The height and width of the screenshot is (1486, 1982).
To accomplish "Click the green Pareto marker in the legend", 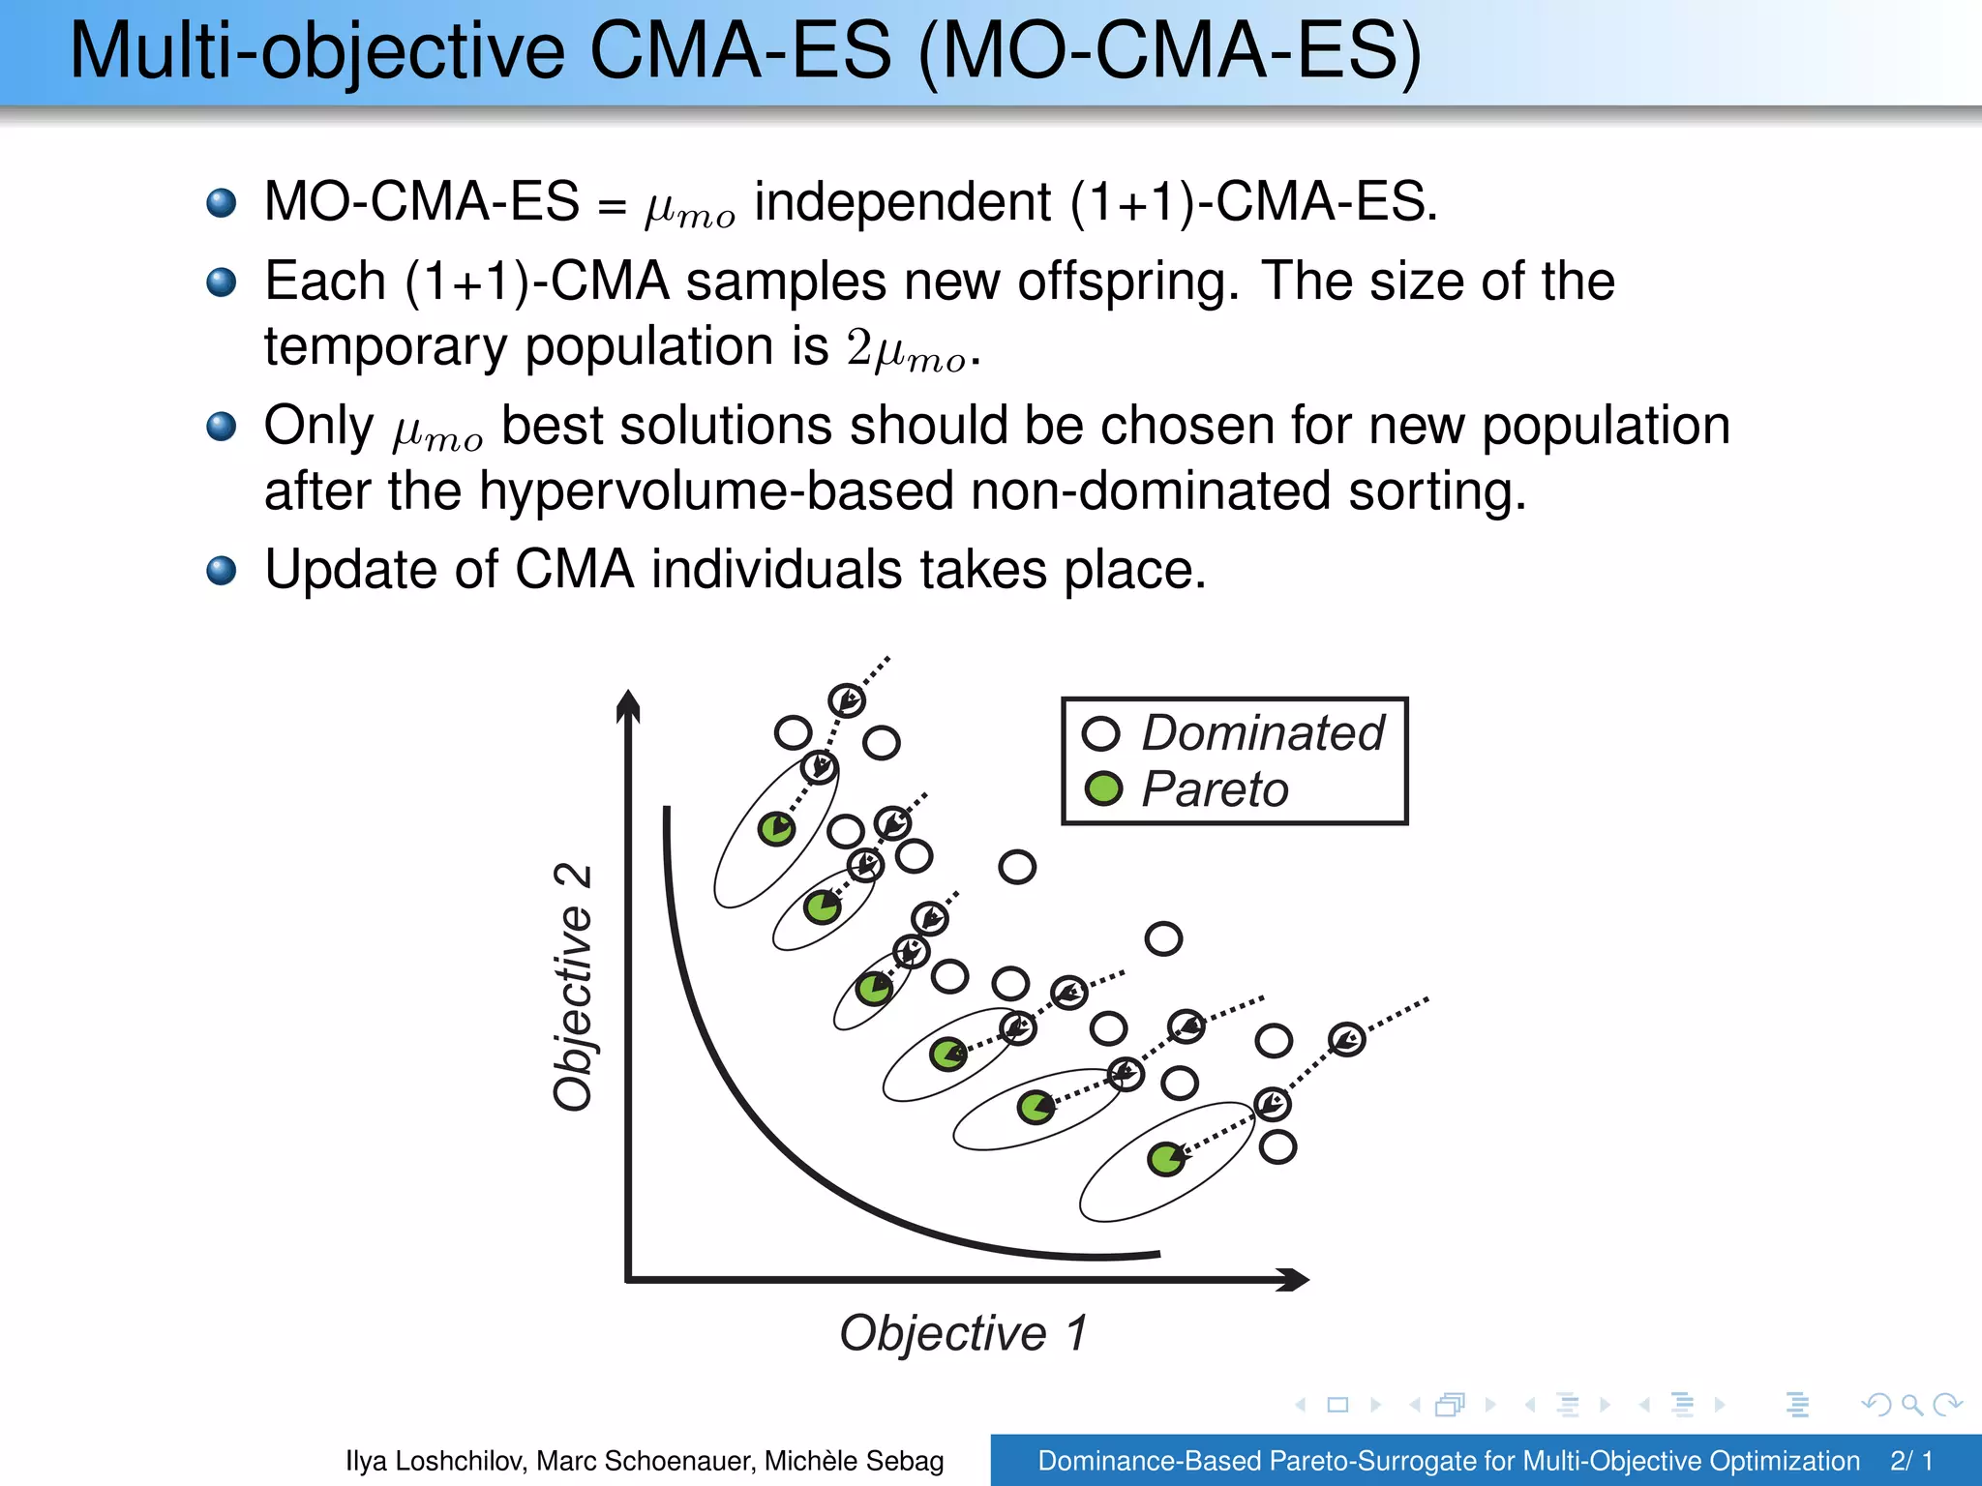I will (1102, 788).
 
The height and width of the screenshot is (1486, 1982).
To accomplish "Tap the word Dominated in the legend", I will (1263, 732).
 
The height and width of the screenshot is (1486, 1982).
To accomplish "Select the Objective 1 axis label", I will (964, 1333).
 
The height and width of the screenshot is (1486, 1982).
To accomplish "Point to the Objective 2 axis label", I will (573, 986).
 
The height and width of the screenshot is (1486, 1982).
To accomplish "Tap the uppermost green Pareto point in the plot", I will (776, 829).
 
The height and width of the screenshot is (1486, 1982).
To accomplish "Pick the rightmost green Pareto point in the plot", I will (1165, 1158).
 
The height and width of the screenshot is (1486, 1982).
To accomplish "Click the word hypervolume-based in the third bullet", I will (715, 490).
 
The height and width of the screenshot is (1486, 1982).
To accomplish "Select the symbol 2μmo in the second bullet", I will (907, 350).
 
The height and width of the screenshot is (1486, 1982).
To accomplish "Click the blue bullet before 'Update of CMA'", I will (222, 570).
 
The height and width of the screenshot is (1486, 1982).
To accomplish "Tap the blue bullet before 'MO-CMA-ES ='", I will (222, 203).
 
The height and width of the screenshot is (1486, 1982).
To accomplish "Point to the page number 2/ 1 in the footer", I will (1911, 1461).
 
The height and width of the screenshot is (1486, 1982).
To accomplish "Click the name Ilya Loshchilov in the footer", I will (435, 1461).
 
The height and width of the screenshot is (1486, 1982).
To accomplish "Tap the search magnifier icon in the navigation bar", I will (1911, 1405).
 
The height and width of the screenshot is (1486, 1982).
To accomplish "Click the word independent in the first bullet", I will (902, 203).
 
